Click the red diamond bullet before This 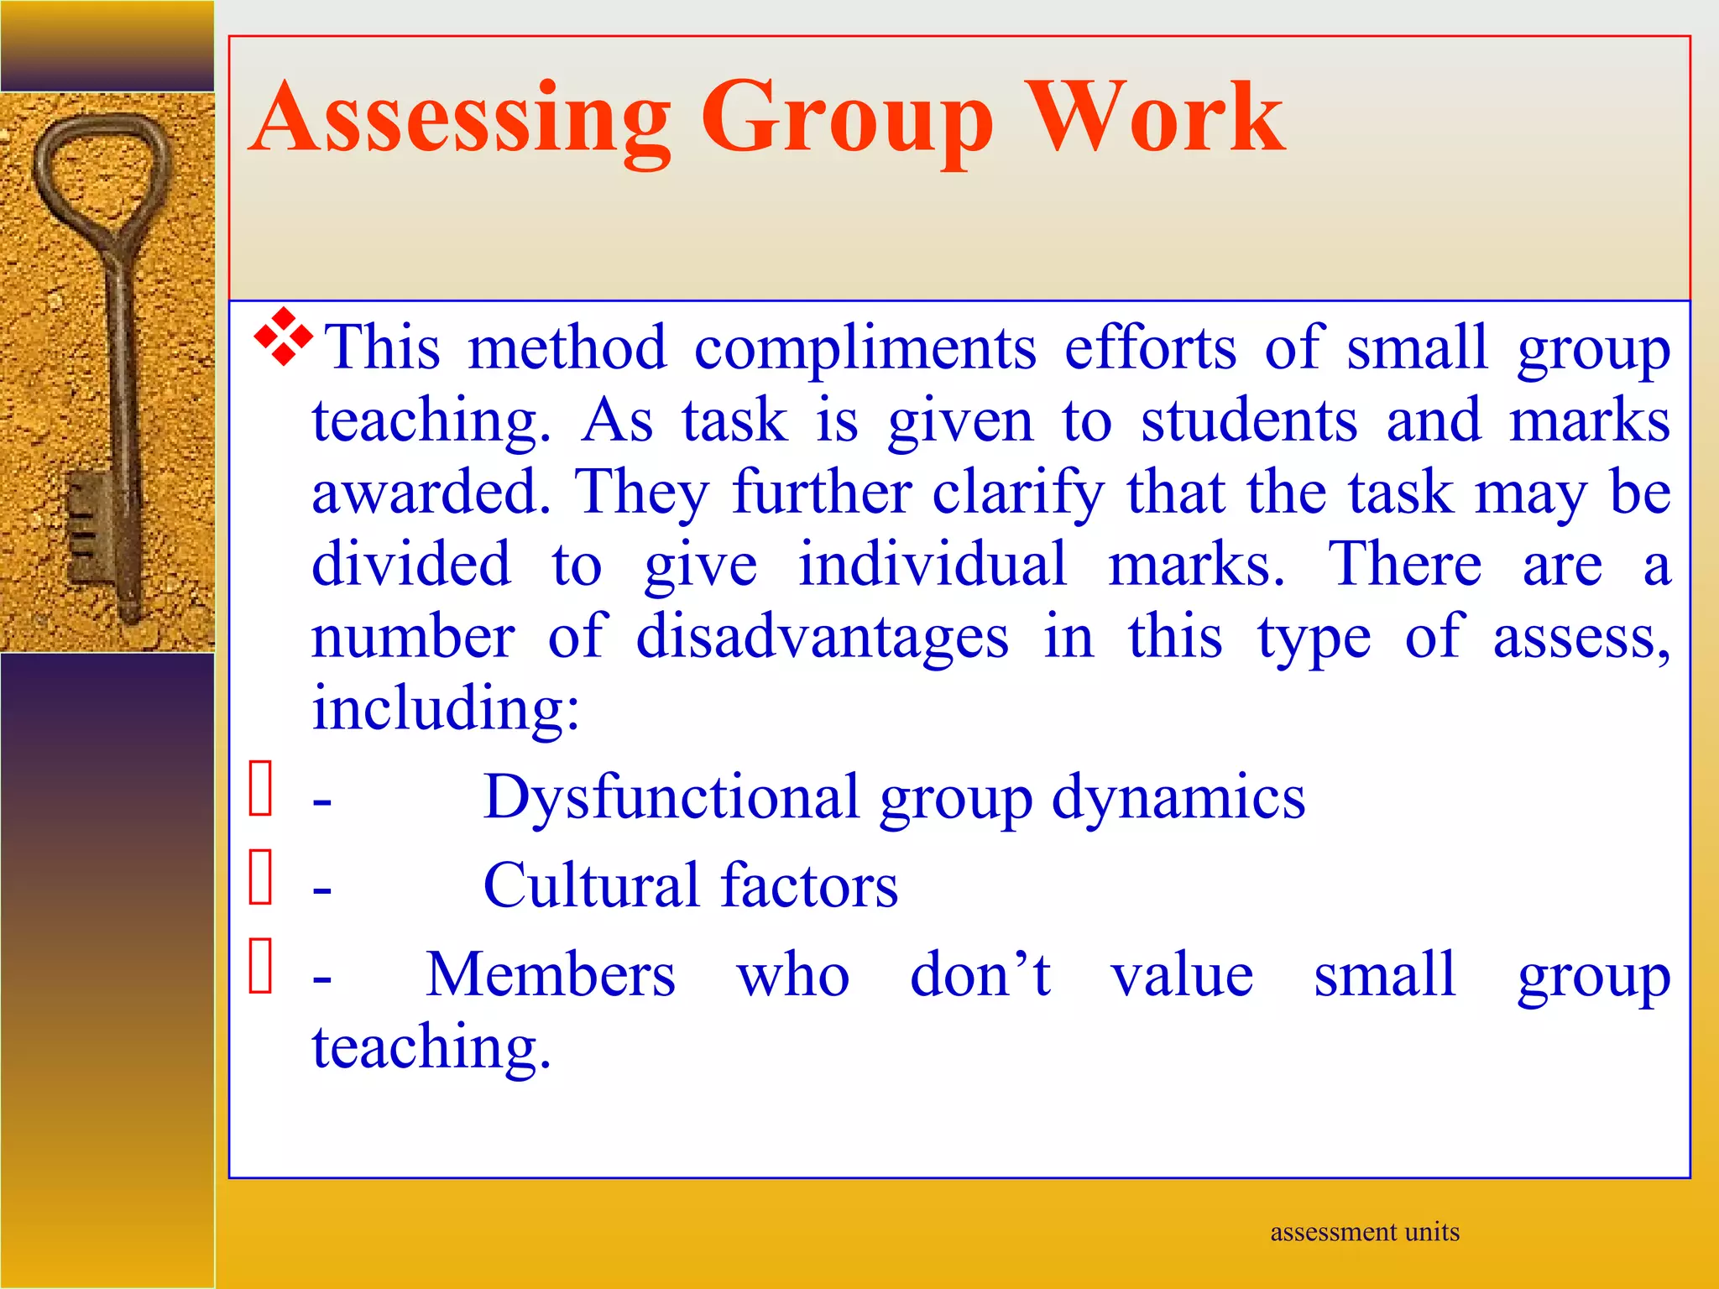(x=284, y=337)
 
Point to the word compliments (x=865, y=348)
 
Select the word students (x=1248, y=420)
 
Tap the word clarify (x=1018, y=493)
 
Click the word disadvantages (x=822, y=637)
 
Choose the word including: (x=446, y=708)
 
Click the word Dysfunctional (x=671, y=797)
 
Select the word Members (x=551, y=975)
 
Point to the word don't (x=980, y=975)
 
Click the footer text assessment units (x=1364, y=1232)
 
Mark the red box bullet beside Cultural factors (x=261, y=877)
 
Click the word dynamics (x=1178, y=797)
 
